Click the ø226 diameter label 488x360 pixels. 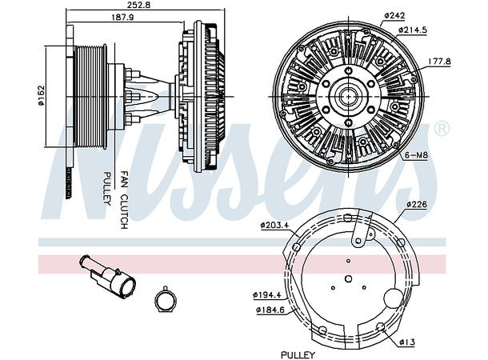pos(418,205)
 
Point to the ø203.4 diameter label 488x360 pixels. pos(275,224)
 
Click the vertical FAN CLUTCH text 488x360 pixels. pos(124,200)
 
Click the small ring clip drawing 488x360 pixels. pos(166,300)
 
